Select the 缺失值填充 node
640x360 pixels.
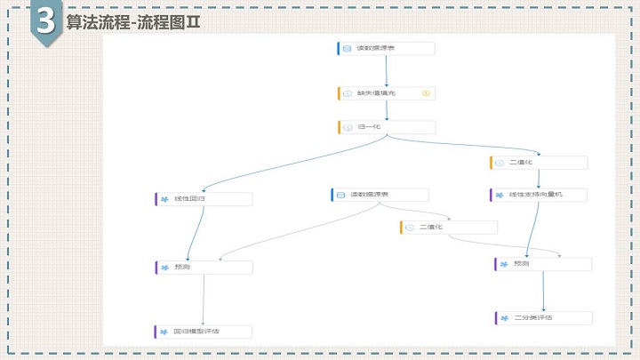[387, 93]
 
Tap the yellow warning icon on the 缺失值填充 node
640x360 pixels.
[427, 93]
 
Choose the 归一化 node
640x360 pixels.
[387, 127]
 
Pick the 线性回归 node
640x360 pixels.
[204, 198]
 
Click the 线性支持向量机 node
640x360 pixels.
[538, 195]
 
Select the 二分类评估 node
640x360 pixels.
[542, 317]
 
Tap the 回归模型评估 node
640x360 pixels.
[203, 332]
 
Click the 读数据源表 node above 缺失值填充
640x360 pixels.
[387, 48]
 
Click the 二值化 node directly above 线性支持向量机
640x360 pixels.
[538, 163]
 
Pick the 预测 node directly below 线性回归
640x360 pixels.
[203, 267]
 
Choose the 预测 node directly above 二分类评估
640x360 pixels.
[542, 264]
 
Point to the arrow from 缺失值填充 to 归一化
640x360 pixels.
[387, 110]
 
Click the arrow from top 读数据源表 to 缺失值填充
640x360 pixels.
[386, 71]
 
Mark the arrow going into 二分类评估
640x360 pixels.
[543, 291]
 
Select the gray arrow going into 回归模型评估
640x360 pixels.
[204, 300]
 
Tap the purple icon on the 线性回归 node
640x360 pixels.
[164, 198]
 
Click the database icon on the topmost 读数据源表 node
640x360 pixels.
[347, 48]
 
